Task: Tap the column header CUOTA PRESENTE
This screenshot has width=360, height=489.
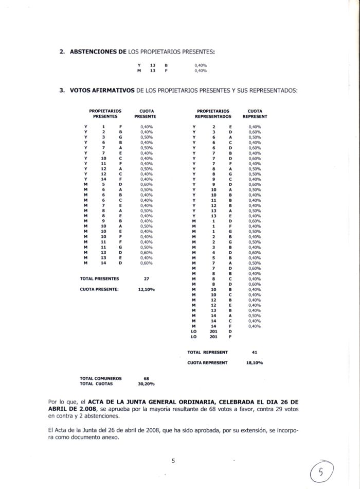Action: coord(147,114)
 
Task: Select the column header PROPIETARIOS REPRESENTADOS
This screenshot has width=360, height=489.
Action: coord(213,114)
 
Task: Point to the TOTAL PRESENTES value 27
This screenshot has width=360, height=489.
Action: coord(147,278)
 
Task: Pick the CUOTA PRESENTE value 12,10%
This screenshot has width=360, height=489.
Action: coord(147,289)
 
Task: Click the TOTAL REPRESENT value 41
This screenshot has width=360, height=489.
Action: coord(254,352)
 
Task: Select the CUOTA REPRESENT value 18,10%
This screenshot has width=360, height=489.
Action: coord(254,363)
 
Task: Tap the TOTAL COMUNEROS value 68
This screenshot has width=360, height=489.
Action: coord(146,378)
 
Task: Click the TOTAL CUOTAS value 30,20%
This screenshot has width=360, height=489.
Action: coord(147,384)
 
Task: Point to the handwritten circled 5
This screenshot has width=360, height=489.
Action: coord(321,470)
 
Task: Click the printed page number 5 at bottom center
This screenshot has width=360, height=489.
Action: coord(173,461)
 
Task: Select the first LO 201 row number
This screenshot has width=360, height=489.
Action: coord(213,331)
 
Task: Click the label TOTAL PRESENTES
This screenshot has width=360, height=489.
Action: coord(100,278)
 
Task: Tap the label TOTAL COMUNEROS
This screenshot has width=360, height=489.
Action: coord(101,378)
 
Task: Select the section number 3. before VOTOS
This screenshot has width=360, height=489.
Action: coord(62,91)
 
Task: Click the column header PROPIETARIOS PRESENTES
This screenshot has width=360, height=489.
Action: coord(105,114)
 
